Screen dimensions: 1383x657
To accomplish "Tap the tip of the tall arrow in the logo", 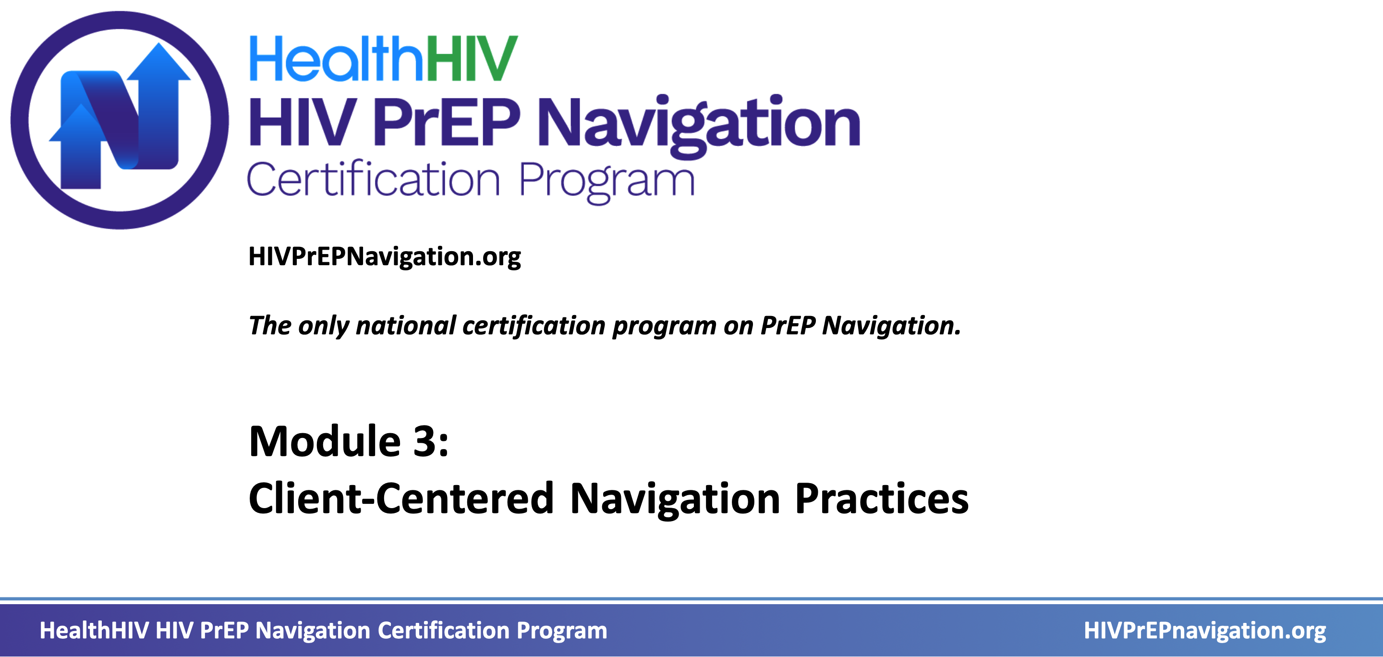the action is pos(159,43).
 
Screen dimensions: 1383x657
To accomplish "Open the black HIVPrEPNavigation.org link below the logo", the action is pos(384,257).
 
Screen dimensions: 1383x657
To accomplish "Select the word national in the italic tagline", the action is pos(406,325).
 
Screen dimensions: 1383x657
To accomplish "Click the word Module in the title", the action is pos(325,441).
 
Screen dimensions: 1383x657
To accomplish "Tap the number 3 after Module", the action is pos(424,441).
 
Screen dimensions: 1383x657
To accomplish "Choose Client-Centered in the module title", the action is pos(401,499).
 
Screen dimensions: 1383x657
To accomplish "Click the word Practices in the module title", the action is pos(882,499).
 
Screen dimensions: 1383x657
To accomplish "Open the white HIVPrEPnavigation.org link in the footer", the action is pos(1205,631).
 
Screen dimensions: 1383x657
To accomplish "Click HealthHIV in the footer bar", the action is pos(94,631).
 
